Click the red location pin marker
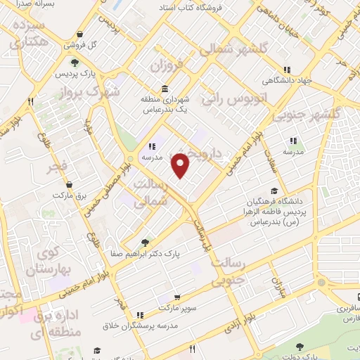[x=181, y=165]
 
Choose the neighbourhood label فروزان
[x=166, y=67]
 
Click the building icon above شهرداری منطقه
[x=165, y=89]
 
